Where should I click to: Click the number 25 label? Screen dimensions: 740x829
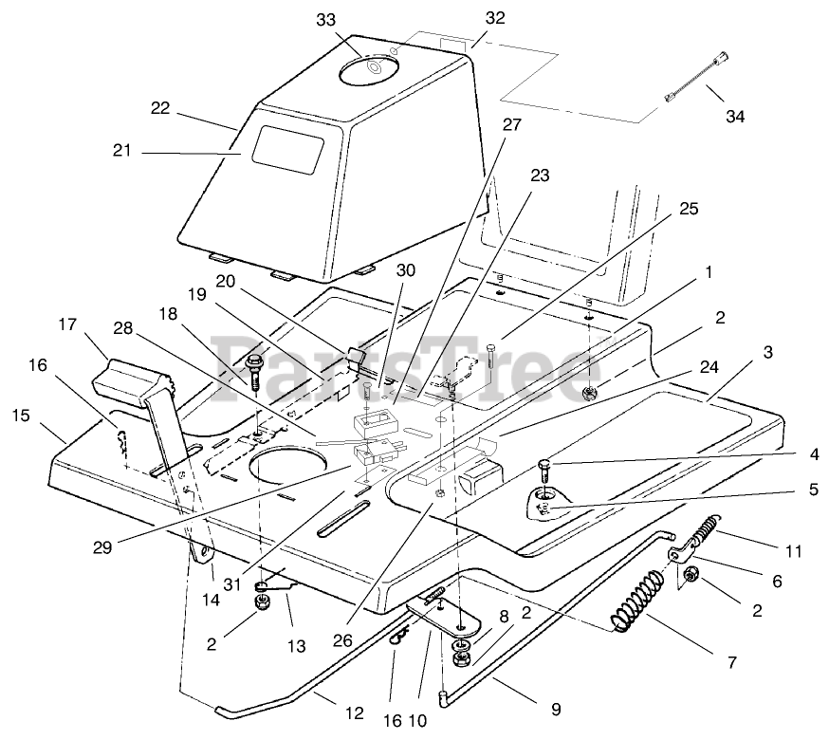click(x=688, y=209)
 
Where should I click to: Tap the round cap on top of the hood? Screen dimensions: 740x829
click(x=378, y=67)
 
